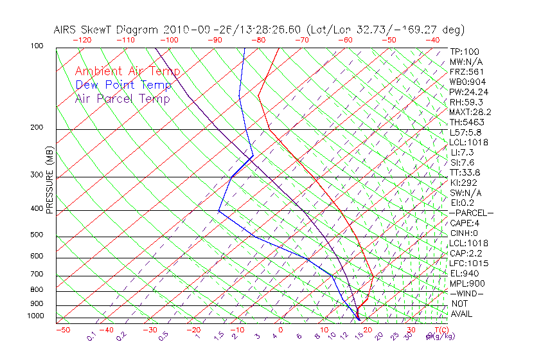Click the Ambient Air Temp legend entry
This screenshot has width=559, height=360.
point(127,71)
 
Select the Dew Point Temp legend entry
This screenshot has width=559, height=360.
point(123,85)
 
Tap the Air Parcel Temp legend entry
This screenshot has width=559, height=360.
point(123,99)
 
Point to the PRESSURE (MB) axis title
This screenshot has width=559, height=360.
point(49,179)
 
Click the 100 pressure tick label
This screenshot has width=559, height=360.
point(37,46)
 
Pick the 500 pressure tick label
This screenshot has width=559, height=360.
point(37,235)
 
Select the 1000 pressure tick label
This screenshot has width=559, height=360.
point(35,316)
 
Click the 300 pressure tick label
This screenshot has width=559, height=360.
point(37,175)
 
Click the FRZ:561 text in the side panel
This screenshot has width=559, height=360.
point(466,72)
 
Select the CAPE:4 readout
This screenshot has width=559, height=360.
point(466,223)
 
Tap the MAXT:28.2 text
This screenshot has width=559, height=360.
point(470,113)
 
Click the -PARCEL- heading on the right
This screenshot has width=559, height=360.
point(472,213)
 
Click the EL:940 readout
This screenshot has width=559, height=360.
point(465,273)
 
